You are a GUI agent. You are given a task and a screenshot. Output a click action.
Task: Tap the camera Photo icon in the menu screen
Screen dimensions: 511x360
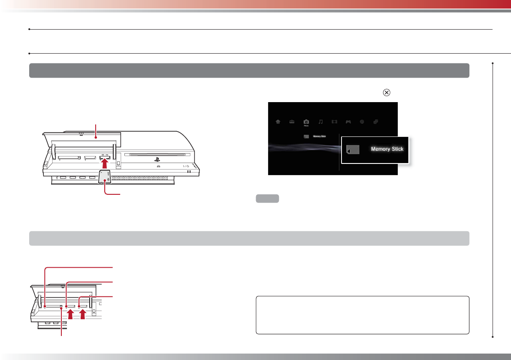[306, 122]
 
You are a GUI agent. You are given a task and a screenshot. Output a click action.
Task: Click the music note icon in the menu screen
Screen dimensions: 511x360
[320, 122]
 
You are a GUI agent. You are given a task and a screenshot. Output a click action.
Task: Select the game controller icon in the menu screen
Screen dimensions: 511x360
[348, 122]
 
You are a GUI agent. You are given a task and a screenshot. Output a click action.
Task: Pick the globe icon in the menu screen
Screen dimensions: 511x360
[362, 122]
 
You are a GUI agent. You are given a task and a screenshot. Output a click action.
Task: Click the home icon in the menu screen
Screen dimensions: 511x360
[278, 122]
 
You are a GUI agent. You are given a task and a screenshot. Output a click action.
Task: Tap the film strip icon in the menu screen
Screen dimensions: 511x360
[334, 122]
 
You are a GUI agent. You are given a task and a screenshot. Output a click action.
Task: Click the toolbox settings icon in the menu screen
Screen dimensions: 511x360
[292, 122]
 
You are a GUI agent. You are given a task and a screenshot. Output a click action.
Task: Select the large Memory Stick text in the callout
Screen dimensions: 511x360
[387, 149]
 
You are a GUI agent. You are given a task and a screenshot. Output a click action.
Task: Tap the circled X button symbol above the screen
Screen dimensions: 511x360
[386, 92]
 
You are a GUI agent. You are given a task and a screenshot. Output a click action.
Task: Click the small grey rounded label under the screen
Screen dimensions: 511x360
[268, 199]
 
